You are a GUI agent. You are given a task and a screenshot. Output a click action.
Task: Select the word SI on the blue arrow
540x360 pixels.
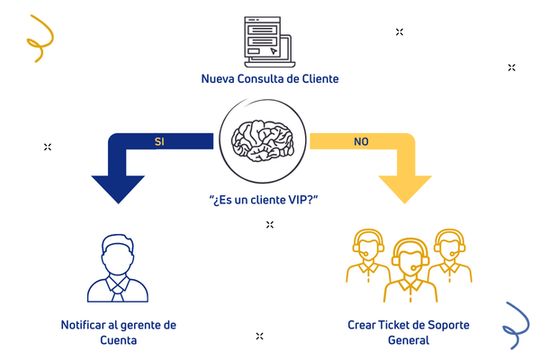coord(159,142)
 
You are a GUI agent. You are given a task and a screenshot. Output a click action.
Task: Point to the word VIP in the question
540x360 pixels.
coord(299,200)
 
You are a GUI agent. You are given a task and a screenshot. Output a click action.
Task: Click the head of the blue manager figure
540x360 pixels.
coord(119,252)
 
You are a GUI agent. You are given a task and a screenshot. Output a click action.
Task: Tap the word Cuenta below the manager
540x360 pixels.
coord(118,341)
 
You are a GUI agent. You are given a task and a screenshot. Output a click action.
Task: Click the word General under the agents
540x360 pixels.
coord(409,341)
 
